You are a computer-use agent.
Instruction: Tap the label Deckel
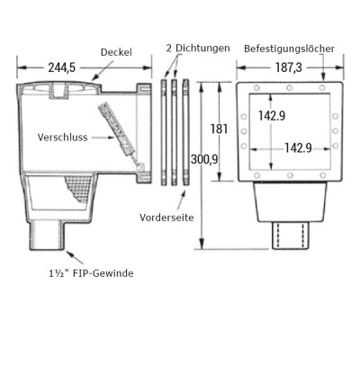point(116,51)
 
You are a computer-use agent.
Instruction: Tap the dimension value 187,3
point(286,67)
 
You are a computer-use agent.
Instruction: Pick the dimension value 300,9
point(209,159)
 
